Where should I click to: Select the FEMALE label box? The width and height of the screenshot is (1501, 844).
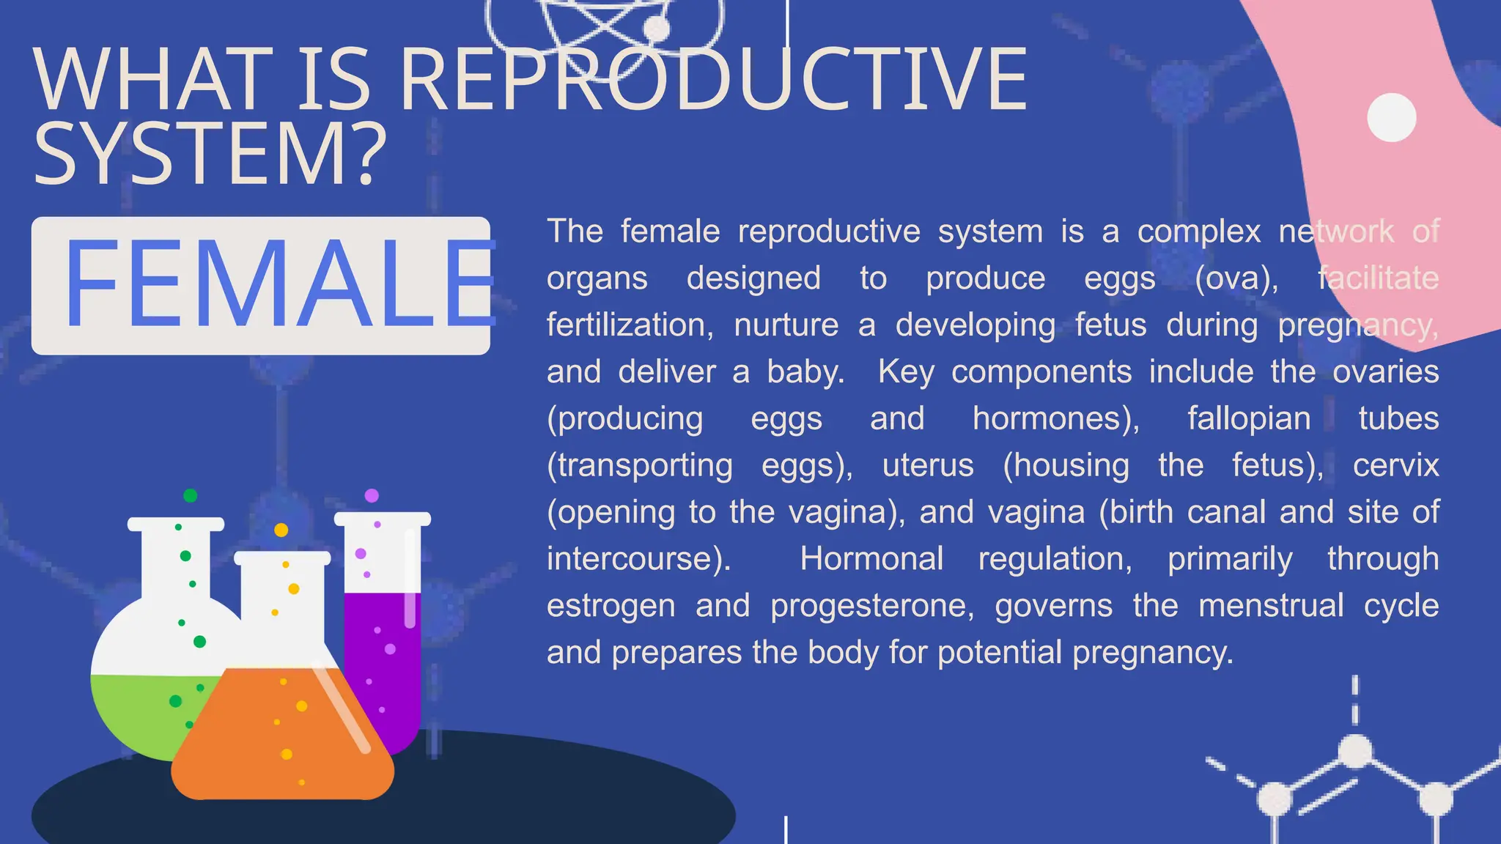click(x=260, y=286)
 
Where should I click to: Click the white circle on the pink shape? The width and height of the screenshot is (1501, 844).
click(x=1391, y=117)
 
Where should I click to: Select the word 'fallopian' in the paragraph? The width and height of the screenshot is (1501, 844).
click(x=1248, y=419)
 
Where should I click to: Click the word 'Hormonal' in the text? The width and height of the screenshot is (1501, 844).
click(x=871, y=559)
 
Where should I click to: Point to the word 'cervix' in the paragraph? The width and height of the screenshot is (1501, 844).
click(x=1395, y=466)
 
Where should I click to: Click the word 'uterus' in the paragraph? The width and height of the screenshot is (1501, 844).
click(x=928, y=466)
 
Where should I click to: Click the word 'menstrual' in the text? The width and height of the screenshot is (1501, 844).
click(x=1271, y=606)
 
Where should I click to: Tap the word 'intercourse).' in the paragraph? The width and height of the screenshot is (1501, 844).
click(x=638, y=559)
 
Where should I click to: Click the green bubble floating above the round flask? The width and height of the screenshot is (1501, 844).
click(x=190, y=495)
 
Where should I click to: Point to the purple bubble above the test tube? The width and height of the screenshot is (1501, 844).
click(x=372, y=495)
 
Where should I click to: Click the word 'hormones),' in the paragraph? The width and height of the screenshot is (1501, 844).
click(x=1055, y=419)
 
